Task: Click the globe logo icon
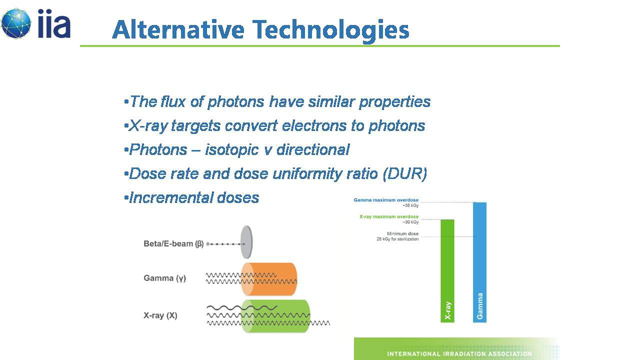click(x=16, y=23)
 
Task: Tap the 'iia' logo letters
click(x=54, y=23)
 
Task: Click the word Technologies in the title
click(x=331, y=30)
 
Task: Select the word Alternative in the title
click(x=178, y=29)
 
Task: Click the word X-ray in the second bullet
click(x=147, y=126)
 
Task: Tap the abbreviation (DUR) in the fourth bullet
click(x=405, y=173)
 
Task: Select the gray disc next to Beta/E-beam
click(x=246, y=242)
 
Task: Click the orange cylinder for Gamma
click(x=269, y=279)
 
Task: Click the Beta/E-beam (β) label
click(x=173, y=243)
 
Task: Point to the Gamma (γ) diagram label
click(x=164, y=278)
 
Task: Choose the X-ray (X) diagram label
click(x=160, y=315)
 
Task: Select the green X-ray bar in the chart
click(x=447, y=271)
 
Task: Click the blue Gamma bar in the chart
click(x=479, y=262)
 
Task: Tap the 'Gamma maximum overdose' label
click(x=386, y=200)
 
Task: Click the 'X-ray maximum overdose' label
click(x=389, y=216)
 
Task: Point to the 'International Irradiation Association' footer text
click(x=459, y=354)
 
